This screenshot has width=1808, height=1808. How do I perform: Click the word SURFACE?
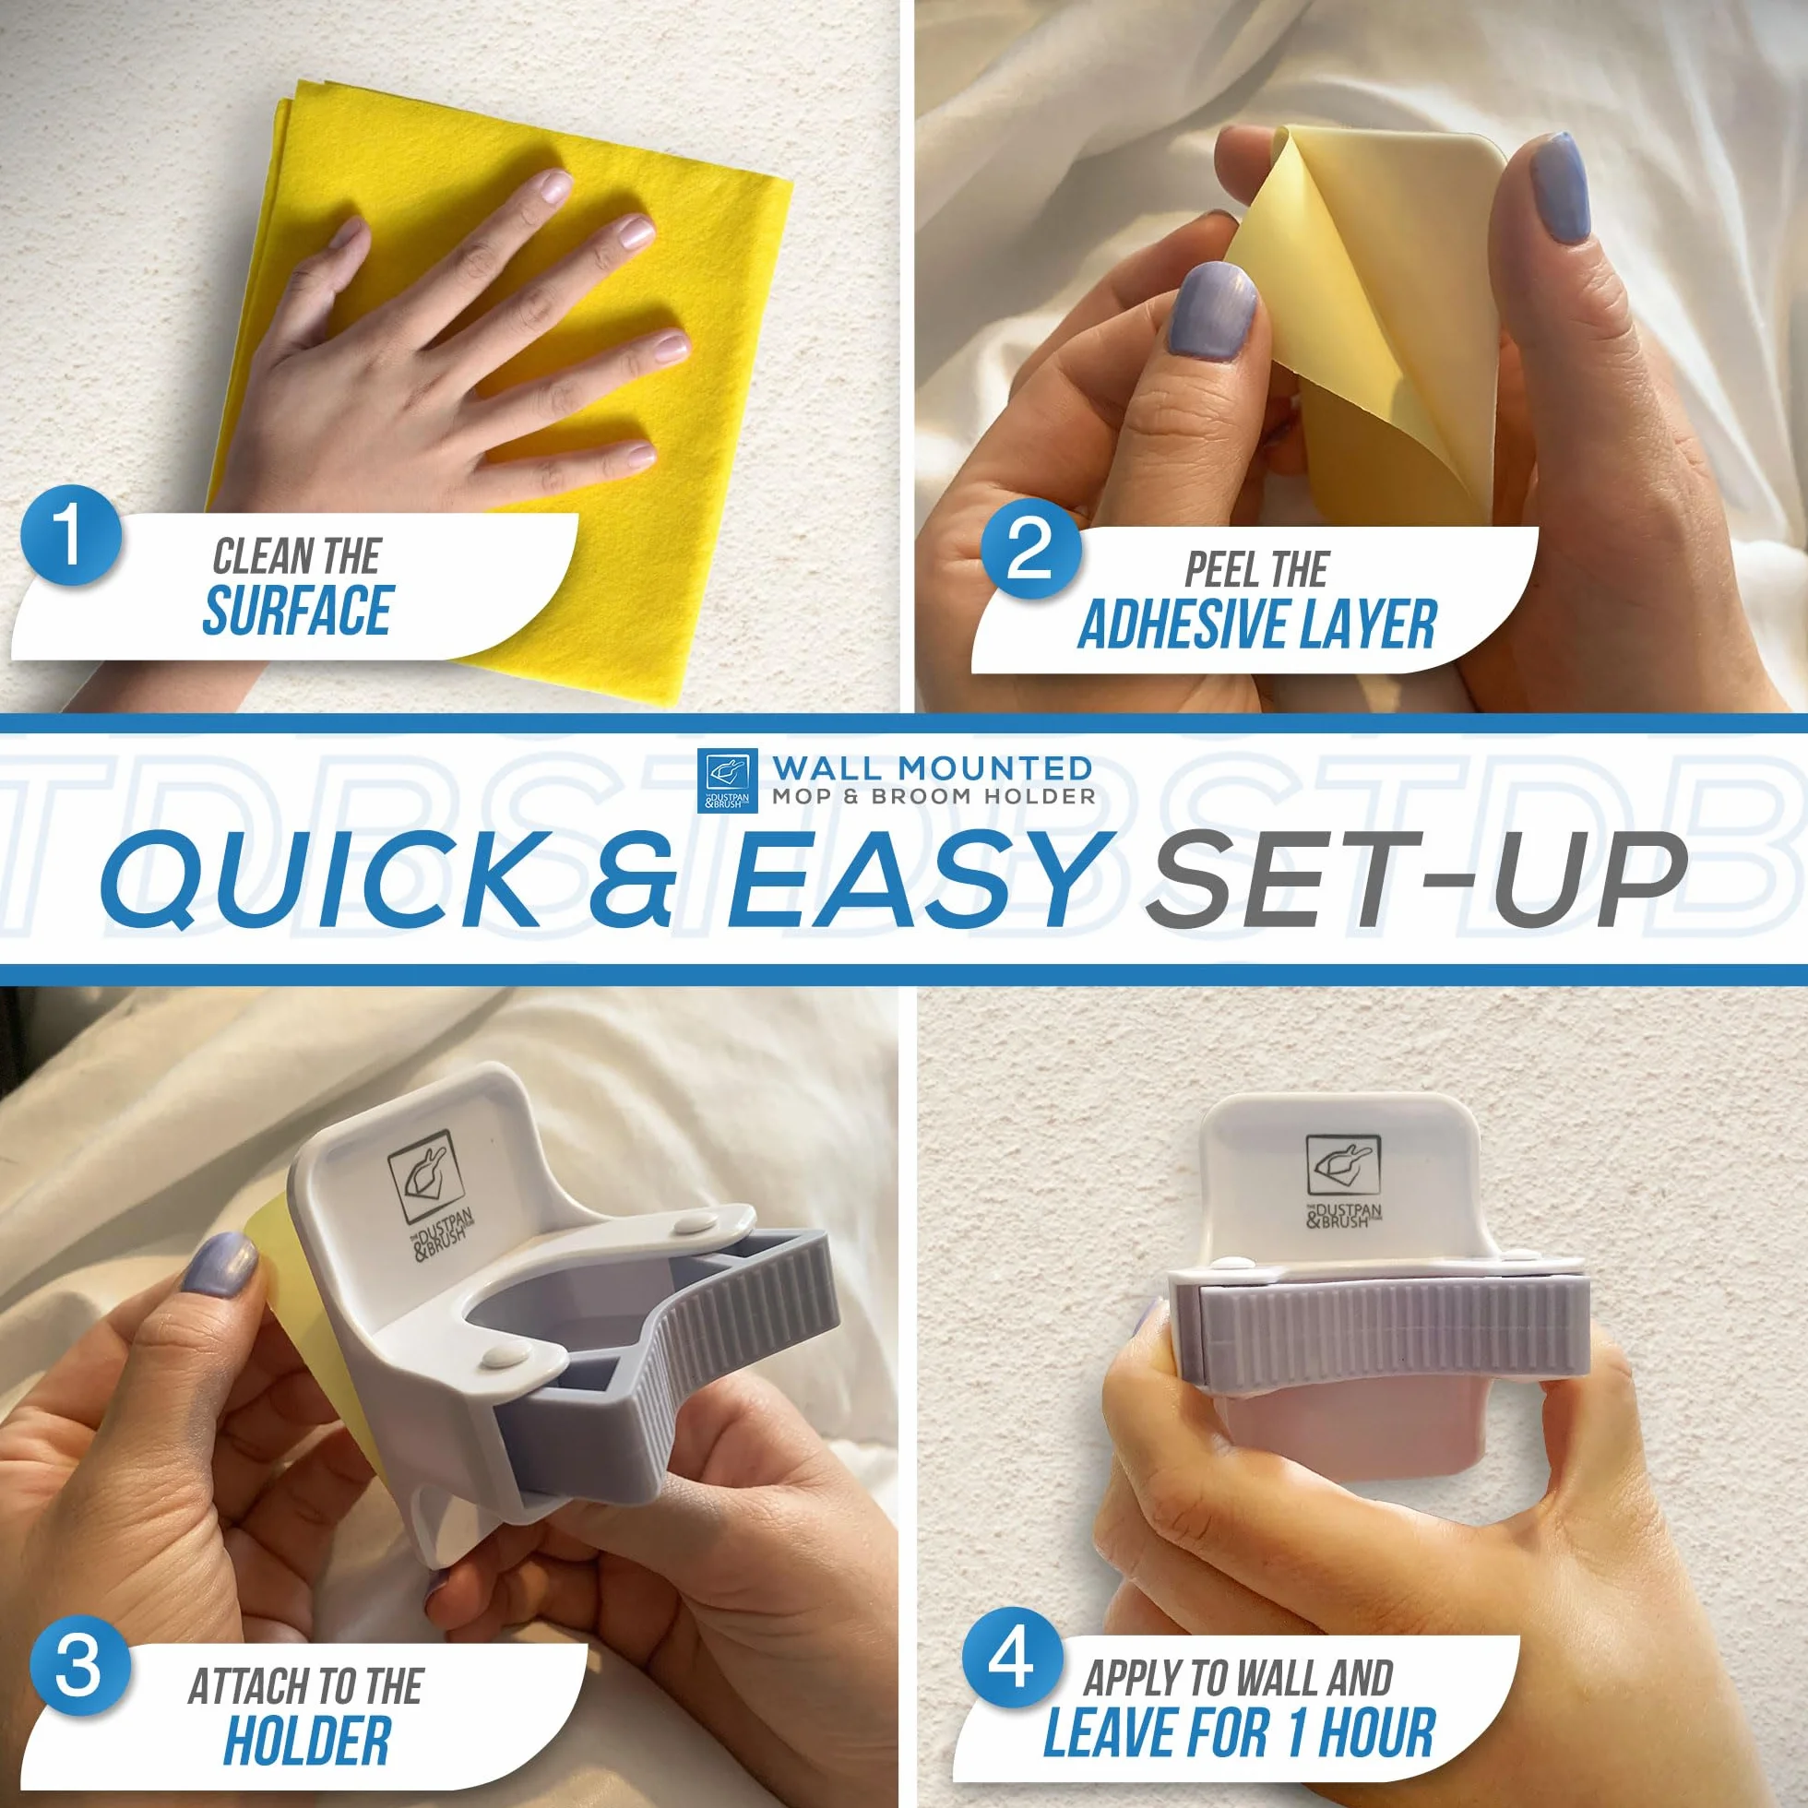click(298, 610)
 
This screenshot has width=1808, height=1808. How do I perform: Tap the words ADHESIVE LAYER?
click(1256, 625)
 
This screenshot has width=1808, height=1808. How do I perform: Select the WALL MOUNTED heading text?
click(932, 768)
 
